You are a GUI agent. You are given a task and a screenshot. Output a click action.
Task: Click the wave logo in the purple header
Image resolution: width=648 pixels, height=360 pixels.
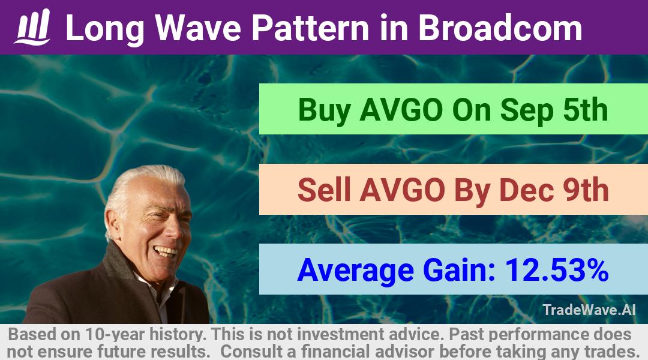(32, 27)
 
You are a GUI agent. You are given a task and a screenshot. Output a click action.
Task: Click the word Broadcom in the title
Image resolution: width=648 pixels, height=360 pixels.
(500, 28)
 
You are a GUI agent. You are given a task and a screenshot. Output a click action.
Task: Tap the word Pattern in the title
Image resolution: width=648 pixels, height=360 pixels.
(310, 28)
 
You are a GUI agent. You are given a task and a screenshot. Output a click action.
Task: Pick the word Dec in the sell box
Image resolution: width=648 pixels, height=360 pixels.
(527, 190)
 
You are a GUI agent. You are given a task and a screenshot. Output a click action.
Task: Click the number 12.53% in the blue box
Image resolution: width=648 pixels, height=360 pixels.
(557, 270)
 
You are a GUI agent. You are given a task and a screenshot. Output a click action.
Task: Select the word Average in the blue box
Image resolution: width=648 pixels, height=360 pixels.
(355, 271)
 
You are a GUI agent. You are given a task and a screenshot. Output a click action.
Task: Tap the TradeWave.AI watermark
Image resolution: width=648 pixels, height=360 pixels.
(589, 310)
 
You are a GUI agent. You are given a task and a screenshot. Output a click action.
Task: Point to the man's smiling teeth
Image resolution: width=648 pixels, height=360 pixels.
(166, 251)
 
